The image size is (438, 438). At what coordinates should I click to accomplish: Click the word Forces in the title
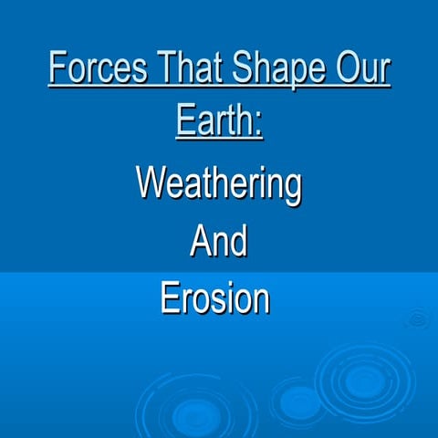tap(94, 69)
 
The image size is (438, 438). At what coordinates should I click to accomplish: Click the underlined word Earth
tap(214, 120)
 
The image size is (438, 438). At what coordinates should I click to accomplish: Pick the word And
tap(219, 241)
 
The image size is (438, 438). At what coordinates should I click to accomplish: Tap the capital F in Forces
tap(57, 69)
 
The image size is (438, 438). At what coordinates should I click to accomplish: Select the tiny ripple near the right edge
tap(418, 318)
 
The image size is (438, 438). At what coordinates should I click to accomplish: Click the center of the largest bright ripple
tap(362, 381)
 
